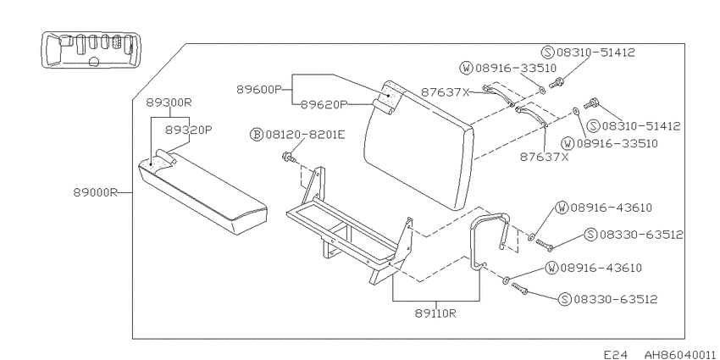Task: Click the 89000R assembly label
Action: [95, 193]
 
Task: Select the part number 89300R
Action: [169, 102]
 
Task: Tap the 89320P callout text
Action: [189, 130]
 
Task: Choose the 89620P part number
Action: [324, 105]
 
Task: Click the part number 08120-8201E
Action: [304, 135]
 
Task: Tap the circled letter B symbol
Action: [256, 135]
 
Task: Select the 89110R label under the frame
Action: [435, 313]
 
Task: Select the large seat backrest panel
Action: [418, 145]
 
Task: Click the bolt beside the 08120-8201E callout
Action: [289, 158]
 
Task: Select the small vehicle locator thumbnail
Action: [91, 50]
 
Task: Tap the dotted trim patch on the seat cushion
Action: [157, 162]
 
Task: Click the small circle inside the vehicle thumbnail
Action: [94, 61]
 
